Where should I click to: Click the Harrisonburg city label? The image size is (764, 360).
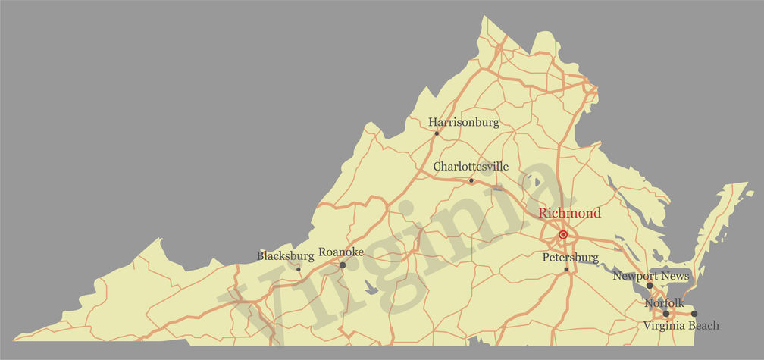click(x=464, y=122)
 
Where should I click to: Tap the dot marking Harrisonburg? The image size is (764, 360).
click(x=437, y=133)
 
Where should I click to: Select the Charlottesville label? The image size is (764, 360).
click(x=471, y=166)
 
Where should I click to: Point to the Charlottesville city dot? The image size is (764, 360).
click(x=471, y=180)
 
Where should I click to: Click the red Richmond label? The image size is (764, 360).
click(x=570, y=213)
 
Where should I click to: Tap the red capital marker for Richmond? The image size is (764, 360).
click(x=563, y=235)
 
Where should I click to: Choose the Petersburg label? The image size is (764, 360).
click(x=571, y=258)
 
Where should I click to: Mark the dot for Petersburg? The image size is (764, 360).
click(x=566, y=269)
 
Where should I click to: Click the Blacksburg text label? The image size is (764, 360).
click(x=286, y=255)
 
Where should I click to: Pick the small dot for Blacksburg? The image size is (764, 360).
click(x=299, y=268)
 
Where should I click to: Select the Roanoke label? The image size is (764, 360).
click(x=341, y=252)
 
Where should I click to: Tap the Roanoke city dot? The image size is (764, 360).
click(x=343, y=265)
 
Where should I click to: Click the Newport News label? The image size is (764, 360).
click(x=651, y=276)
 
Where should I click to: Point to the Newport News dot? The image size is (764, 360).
click(x=650, y=286)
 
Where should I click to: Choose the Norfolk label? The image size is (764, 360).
click(x=664, y=303)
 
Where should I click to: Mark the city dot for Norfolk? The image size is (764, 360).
click(x=666, y=313)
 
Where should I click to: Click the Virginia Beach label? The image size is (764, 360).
click(x=681, y=325)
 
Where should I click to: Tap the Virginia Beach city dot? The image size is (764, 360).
click(x=694, y=313)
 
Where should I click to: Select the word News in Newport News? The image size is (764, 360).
click(x=675, y=276)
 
